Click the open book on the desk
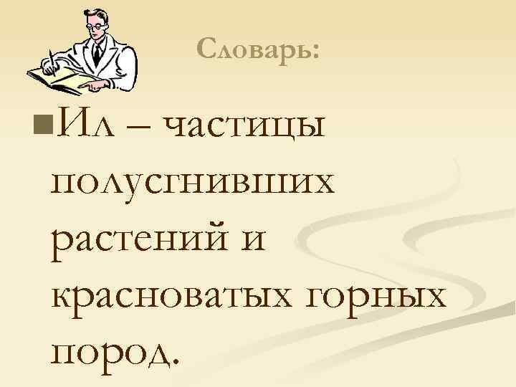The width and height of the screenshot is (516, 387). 57,79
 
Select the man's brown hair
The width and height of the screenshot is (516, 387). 93,12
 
